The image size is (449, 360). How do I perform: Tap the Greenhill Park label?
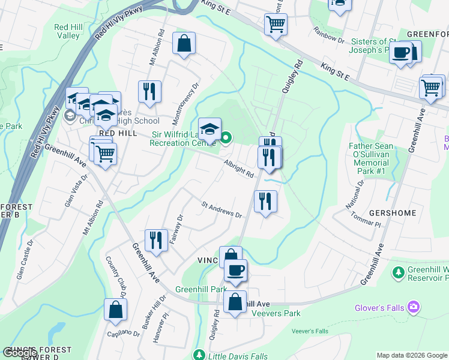point(200,289)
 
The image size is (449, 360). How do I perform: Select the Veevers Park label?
point(276,313)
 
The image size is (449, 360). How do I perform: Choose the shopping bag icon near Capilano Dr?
point(115,309)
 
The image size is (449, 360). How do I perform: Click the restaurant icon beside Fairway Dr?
point(156,240)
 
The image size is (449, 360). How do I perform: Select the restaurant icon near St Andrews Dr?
point(265,201)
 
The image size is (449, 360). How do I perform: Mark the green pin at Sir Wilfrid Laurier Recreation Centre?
point(226,139)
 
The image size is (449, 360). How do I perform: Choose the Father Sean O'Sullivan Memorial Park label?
point(372,158)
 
